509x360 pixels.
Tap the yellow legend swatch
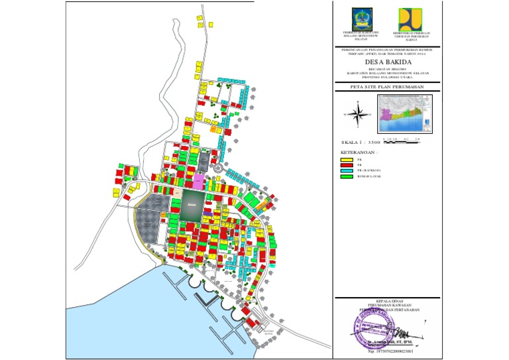point(345,160)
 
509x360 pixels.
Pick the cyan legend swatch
point(345,170)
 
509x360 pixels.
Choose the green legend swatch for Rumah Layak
point(345,176)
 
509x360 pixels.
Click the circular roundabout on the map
point(219,170)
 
